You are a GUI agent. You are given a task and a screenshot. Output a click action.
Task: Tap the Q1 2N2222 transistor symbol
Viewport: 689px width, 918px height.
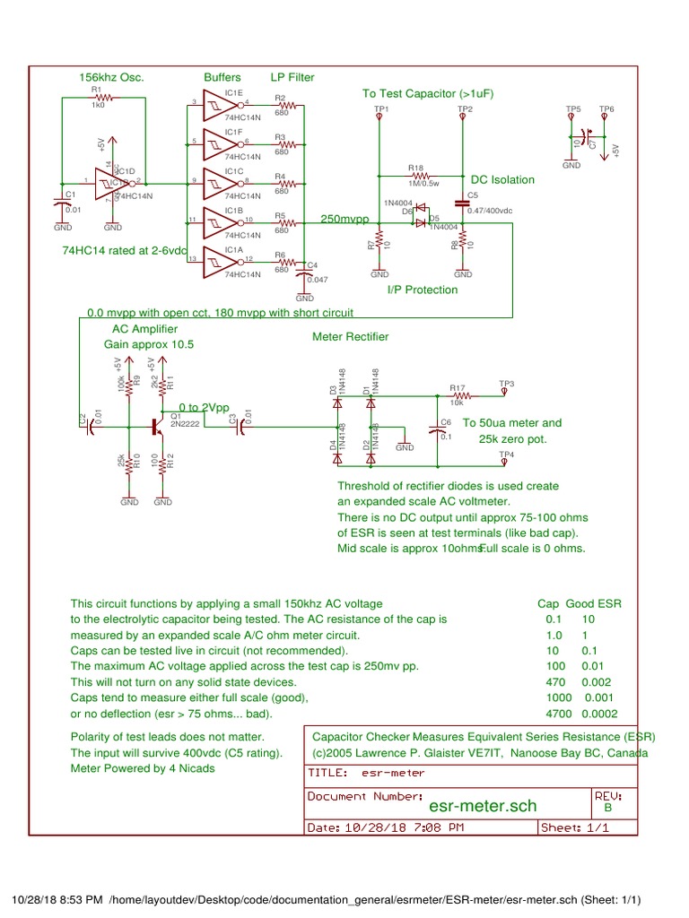[159, 428]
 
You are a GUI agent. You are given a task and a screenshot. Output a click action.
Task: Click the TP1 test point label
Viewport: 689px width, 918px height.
[380, 108]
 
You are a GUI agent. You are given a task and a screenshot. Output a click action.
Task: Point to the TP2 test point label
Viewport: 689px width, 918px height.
[465, 108]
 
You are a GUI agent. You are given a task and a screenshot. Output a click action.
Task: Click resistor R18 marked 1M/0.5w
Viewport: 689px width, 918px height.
[415, 178]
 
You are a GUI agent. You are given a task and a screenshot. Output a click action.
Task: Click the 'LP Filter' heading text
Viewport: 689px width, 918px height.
[292, 78]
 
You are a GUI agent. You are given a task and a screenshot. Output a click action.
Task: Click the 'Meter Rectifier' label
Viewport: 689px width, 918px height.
[350, 336]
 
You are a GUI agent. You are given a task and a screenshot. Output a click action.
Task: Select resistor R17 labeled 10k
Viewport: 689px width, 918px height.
[458, 394]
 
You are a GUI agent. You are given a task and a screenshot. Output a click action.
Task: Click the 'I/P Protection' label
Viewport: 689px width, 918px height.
[422, 290]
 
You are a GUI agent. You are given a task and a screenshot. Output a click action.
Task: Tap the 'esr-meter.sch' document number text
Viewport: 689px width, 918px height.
[483, 806]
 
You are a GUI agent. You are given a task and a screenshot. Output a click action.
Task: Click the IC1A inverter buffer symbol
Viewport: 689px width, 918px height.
[216, 260]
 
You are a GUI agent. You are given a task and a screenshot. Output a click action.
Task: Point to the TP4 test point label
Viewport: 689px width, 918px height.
[507, 455]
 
